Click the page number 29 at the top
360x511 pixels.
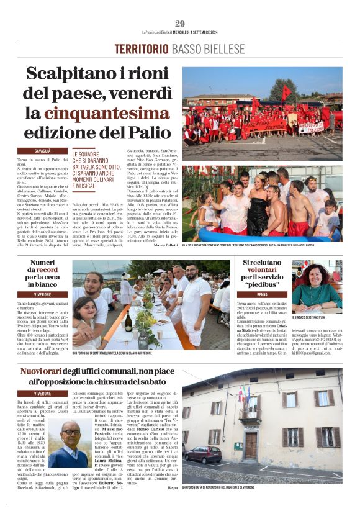(180, 24)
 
